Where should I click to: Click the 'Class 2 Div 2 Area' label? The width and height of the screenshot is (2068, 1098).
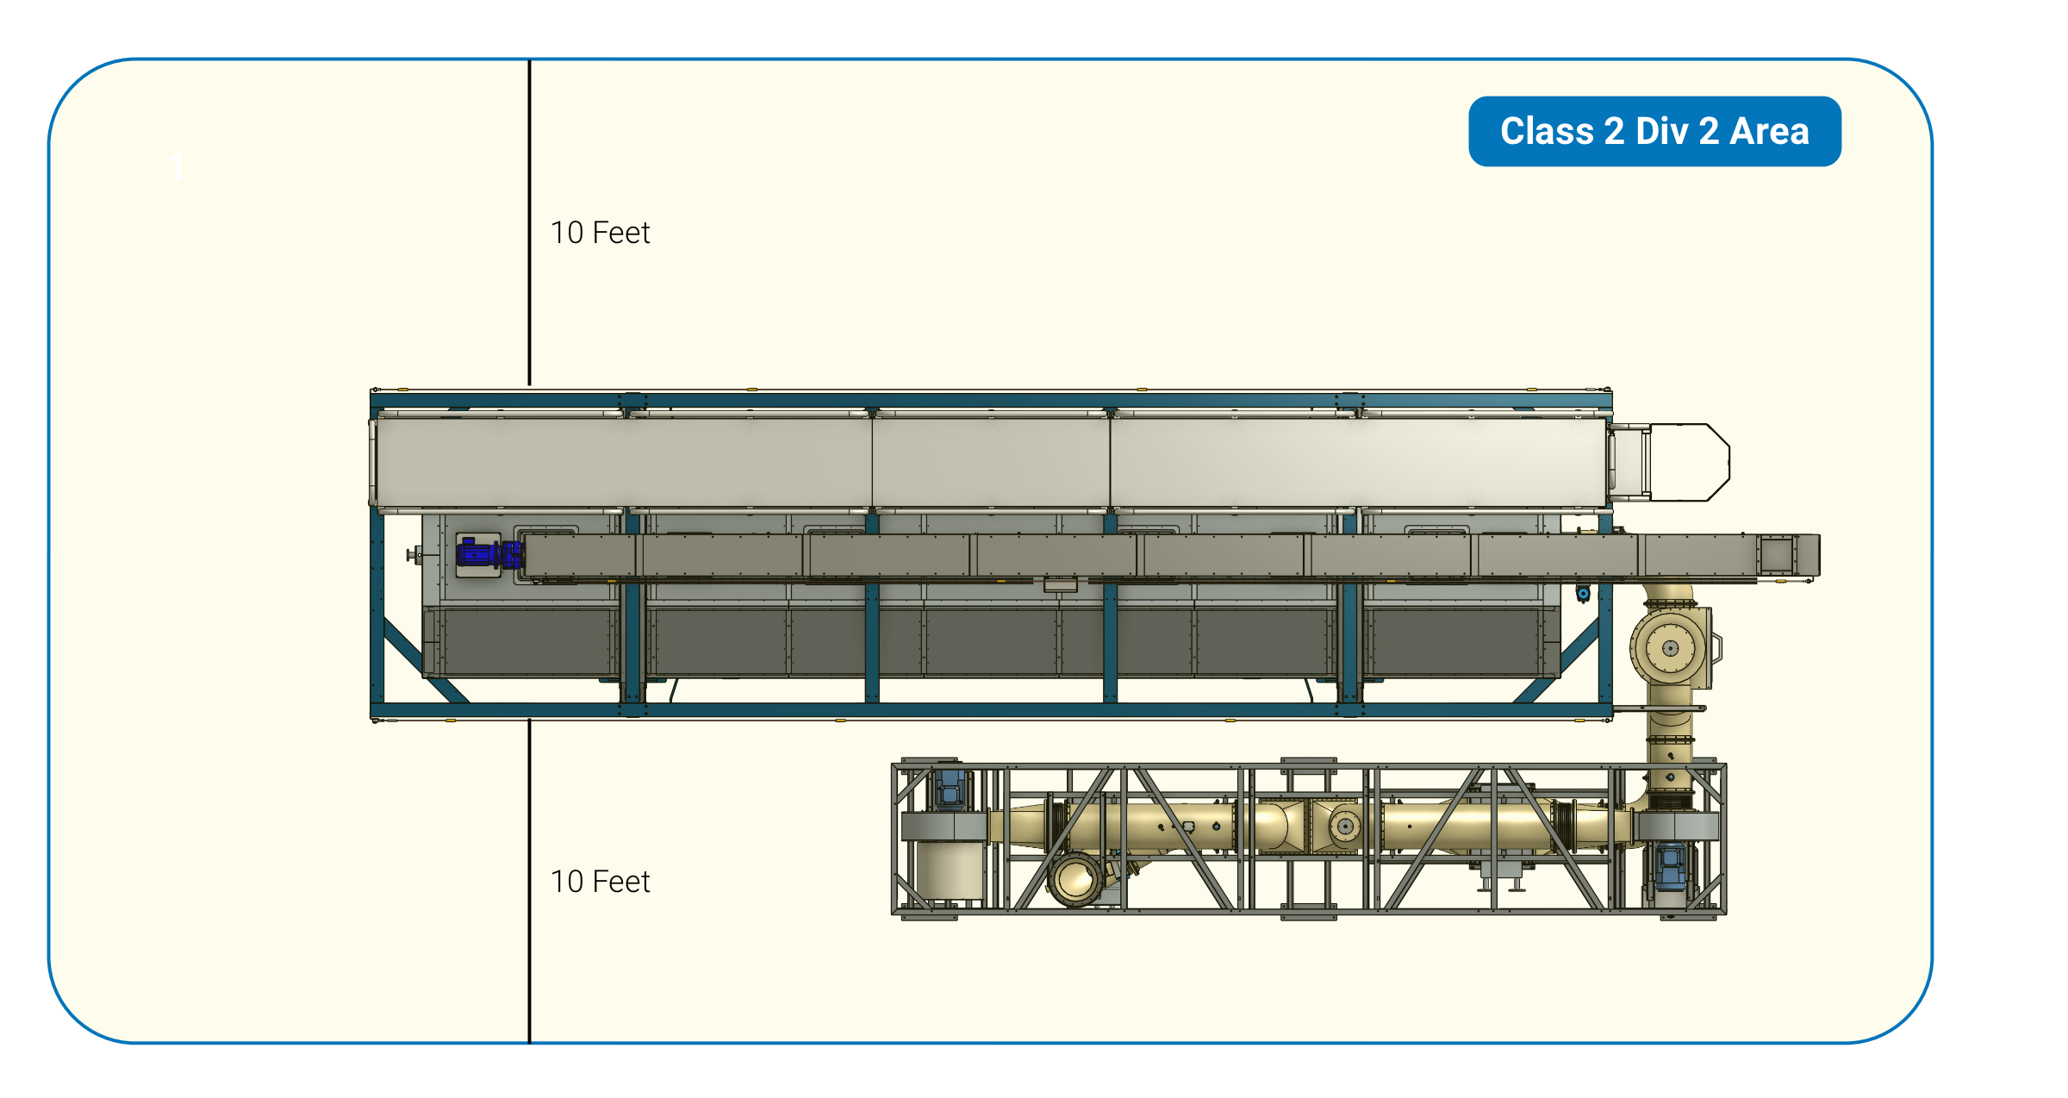[1654, 131]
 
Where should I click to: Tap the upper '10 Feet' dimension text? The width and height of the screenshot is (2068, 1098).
[600, 233]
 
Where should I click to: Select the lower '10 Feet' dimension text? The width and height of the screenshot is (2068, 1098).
[600, 882]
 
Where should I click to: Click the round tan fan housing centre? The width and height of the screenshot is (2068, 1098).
[1670, 648]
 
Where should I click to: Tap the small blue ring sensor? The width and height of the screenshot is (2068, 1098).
[1583, 594]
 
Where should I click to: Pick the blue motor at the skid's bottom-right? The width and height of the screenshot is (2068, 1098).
[1670, 865]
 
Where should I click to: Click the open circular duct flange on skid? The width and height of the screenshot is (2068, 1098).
[1075, 878]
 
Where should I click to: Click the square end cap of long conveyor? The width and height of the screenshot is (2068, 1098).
[1776, 555]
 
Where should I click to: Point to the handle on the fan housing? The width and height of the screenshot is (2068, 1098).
[1716, 648]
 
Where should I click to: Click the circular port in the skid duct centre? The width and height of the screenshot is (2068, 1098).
[1344, 827]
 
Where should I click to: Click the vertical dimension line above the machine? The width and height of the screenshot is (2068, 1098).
[529, 222]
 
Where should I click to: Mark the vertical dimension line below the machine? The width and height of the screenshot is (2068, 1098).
[529, 882]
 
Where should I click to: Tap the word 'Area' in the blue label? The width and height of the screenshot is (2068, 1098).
[1770, 131]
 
